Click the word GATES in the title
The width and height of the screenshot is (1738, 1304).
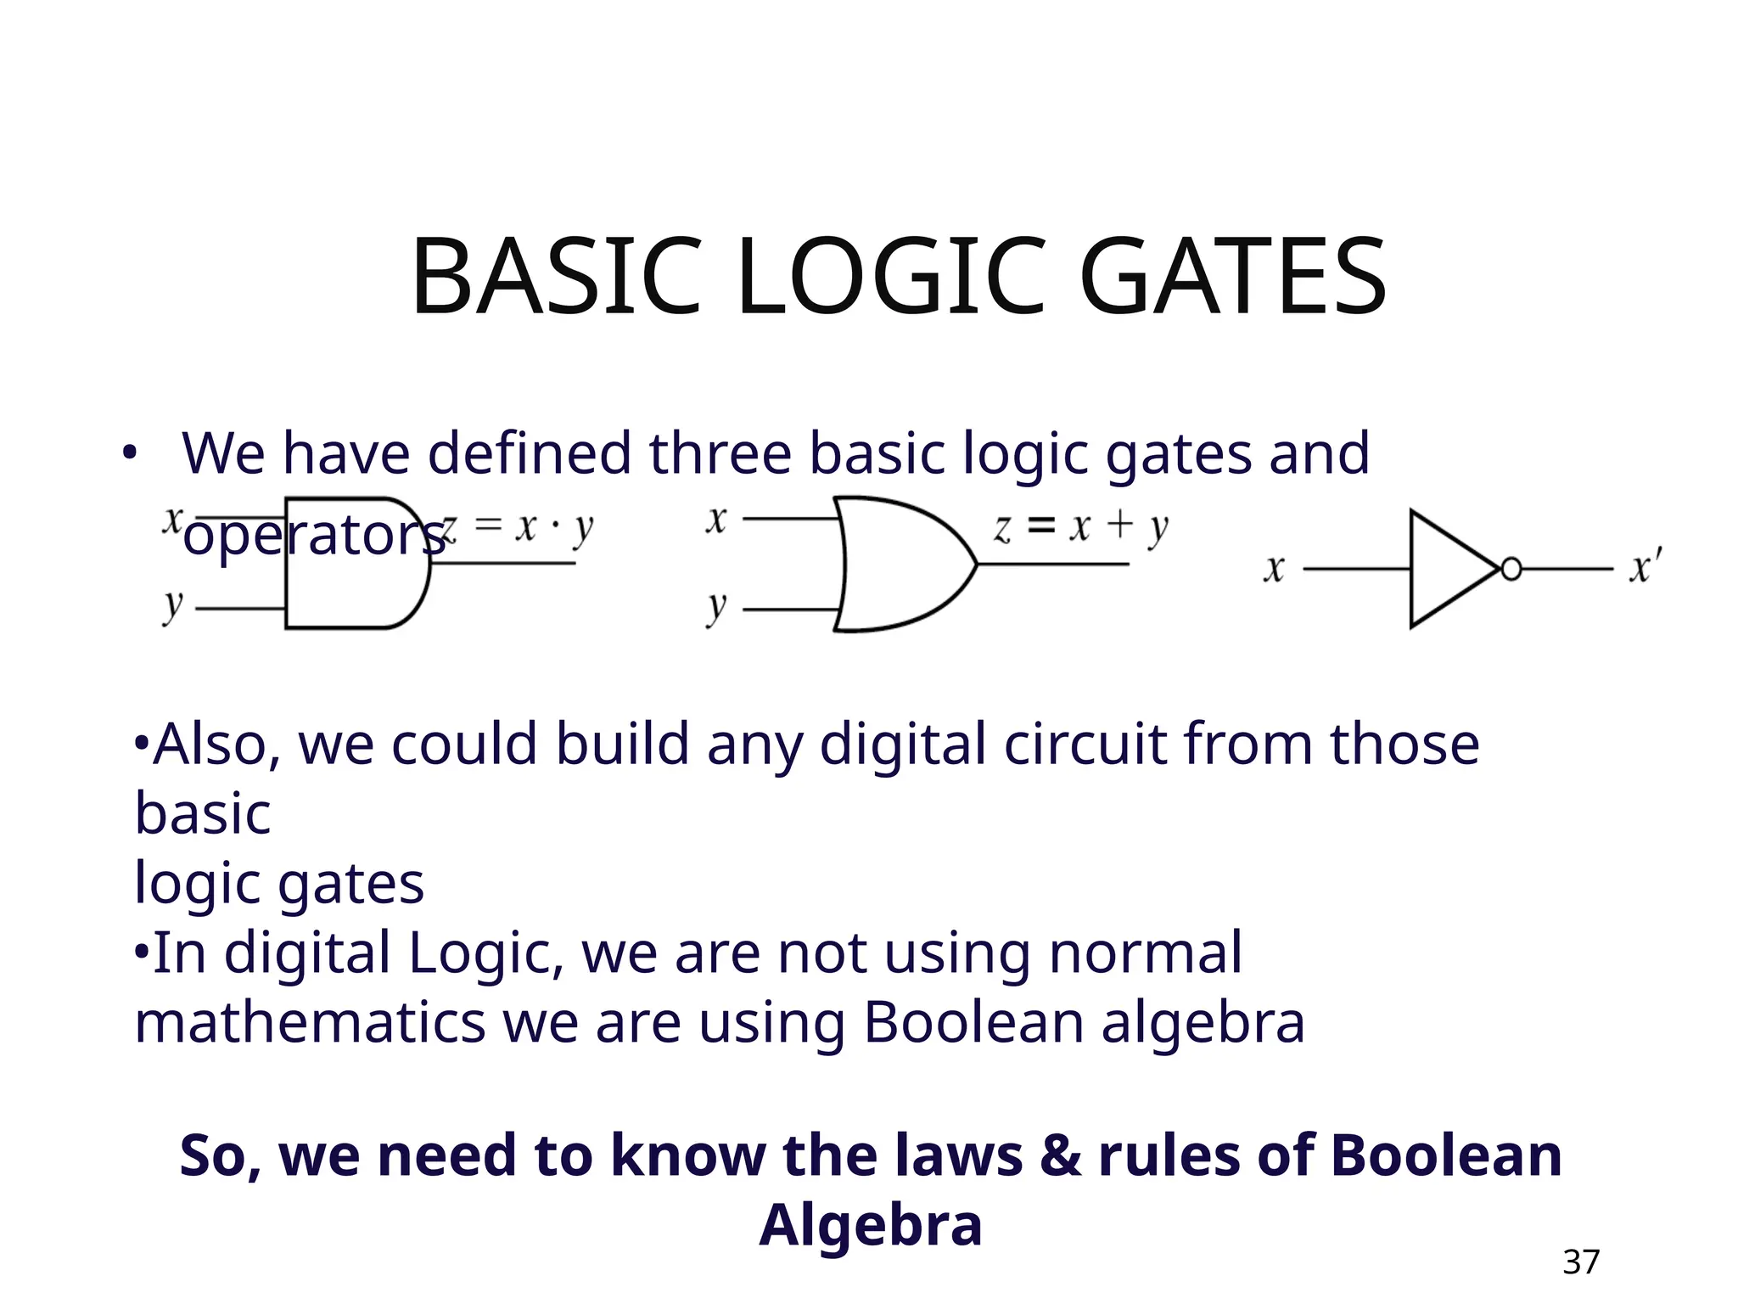[x=1233, y=278]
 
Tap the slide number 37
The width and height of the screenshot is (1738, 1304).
[x=1581, y=1262]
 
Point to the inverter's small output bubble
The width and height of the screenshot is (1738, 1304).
[x=1511, y=569]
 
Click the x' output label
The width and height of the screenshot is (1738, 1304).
[x=1645, y=567]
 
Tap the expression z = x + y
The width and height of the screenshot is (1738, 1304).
[x=1080, y=528]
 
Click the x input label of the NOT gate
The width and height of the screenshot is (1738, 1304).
[x=1274, y=569]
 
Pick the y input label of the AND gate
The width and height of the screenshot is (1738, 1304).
[x=173, y=606]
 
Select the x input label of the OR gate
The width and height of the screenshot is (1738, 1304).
[x=716, y=520]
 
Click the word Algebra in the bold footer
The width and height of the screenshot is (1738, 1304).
[x=871, y=1225]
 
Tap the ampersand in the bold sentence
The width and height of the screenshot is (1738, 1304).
[x=1060, y=1155]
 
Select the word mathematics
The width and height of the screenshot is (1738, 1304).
[x=310, y=1022]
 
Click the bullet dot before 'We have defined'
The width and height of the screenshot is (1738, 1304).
[x=128, y=453]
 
